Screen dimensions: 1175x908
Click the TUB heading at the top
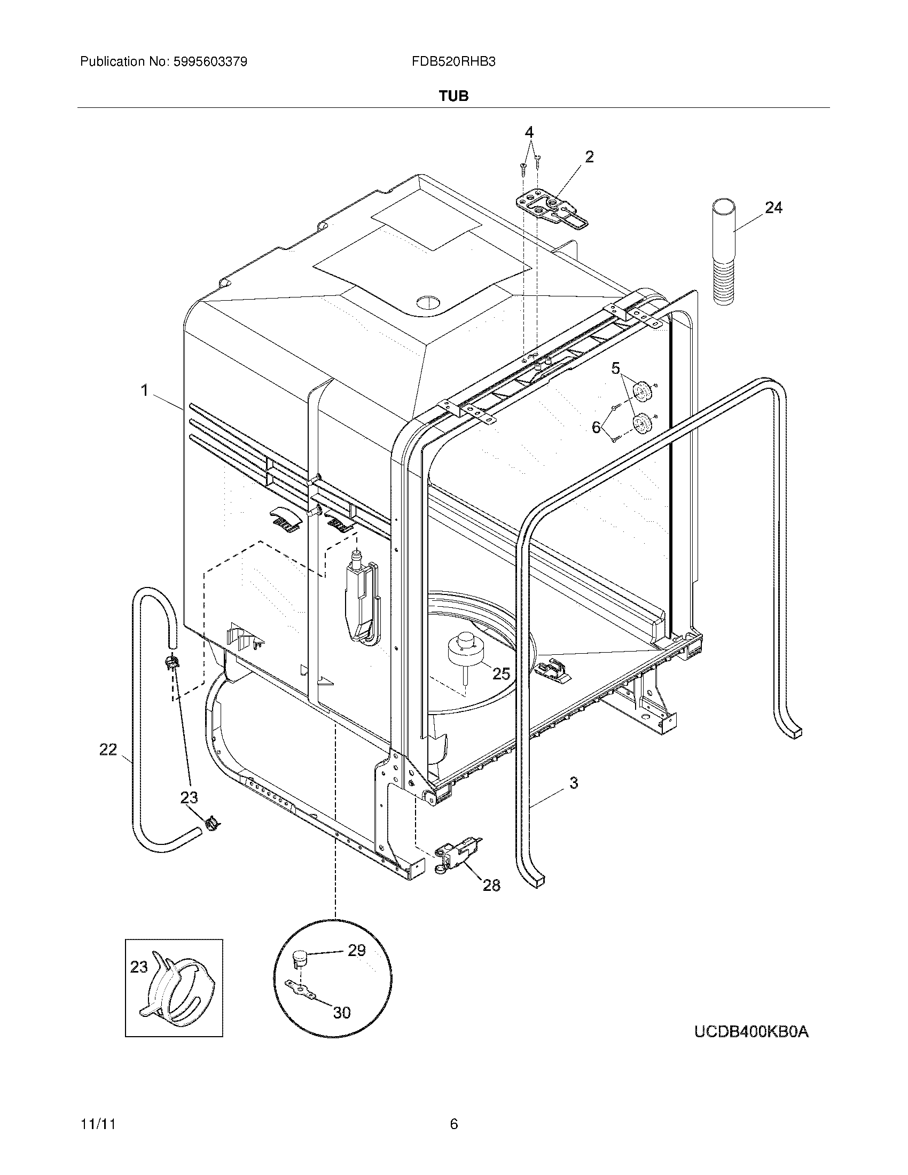point(453,96)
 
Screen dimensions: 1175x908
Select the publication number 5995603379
point(210,62)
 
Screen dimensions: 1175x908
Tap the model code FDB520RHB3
point(453,62)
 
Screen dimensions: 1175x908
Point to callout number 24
point(773,208)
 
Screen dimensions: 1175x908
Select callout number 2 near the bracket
point(589,157)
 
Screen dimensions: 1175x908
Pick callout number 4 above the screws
point(529,132)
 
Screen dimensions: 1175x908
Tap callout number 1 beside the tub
point(144,390)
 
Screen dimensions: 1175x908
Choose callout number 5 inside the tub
point(615,368)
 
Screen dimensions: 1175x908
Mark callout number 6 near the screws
point(596,427)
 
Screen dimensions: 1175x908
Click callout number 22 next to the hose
point(108,749)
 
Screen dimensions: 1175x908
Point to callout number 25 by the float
point(501,673)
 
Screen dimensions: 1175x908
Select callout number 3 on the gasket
point(574,783)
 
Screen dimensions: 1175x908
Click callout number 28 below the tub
point(491,884)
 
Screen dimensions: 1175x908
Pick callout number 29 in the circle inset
point(357,951)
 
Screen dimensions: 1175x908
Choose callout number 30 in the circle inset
point(342,1013)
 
